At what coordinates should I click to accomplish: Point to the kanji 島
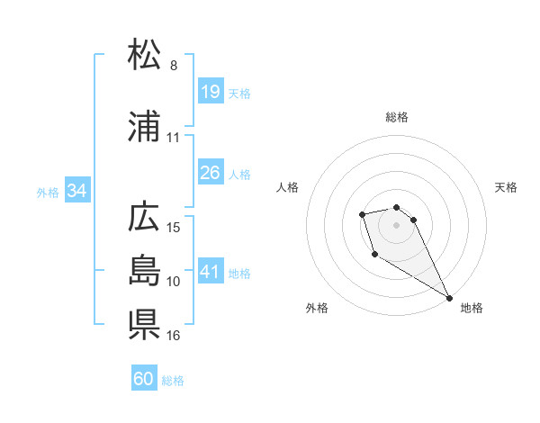pos(144,270)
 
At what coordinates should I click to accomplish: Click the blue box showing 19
pos(210,91)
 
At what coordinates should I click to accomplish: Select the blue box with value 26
pos(210,172)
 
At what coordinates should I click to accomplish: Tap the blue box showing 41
pos(210,271)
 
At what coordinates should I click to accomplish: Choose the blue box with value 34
pos(77,190)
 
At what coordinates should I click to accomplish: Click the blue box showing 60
pos(144,379)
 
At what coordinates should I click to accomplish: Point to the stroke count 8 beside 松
pos(174,65)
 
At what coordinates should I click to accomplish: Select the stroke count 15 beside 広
pos(175,227)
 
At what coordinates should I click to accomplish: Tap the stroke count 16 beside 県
pos(175,335)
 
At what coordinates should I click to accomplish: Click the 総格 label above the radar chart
pos(397,117)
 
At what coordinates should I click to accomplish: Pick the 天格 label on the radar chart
pos(507,187)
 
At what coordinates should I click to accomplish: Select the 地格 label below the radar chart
pos(472,308)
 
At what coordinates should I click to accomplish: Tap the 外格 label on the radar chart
pos(317,308)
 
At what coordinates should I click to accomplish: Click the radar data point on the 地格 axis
pos(450,298)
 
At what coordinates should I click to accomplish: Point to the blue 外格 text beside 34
pos(48,192)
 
